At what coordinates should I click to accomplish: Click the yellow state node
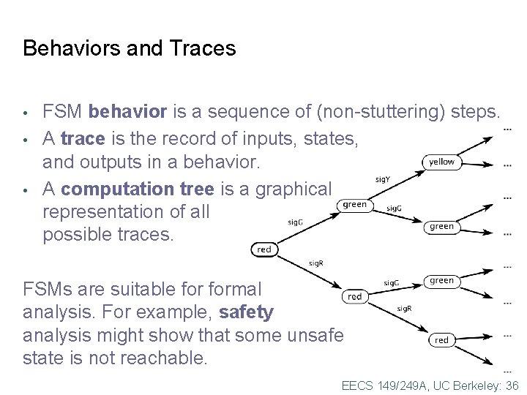(x=441, y=162)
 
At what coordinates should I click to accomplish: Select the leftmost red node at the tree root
(x=264, y=249)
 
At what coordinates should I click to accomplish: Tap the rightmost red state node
(x=441, y=340)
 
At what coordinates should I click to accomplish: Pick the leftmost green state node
(x=354, y=205)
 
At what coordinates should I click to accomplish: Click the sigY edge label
(x=382, y=178)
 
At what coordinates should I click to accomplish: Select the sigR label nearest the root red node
(x=315, y=263)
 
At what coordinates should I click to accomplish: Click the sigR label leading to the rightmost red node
(x=404, y=309)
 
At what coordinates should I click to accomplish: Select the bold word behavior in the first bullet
(x=128, y=112)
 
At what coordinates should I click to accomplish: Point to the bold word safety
(x=246, y=312)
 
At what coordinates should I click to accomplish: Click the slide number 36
(x=512, y=385)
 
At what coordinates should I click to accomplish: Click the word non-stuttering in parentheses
(x=378, y=112)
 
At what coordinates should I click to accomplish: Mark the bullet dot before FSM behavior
(x=26, y=113)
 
